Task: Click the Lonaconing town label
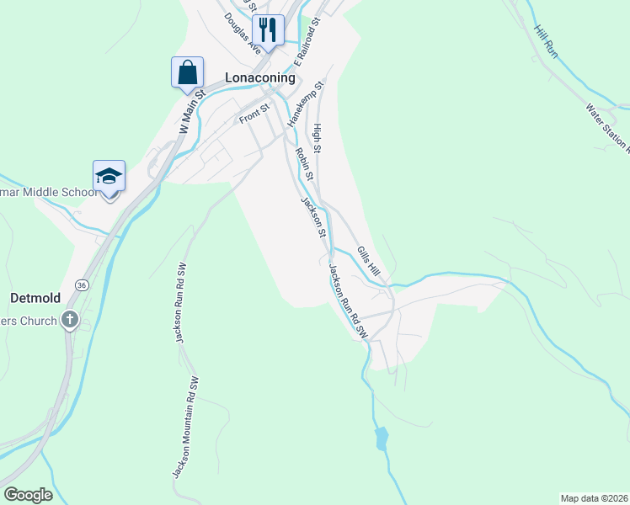coord(260,77)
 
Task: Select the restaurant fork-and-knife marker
coord(268,30)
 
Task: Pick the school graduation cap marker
coord(109,176)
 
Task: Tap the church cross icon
coord(70,320)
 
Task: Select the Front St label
coord(254,113)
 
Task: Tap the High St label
coord(318,137)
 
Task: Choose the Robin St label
coord(304,164)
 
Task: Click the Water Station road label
coord(608,126)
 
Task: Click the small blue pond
coord(382,438)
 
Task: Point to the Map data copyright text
coord(593,497)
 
